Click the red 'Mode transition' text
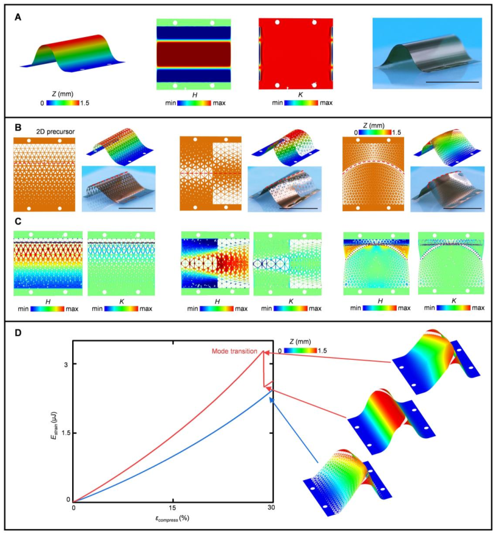click(235, 351)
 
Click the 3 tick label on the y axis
click(67, 364)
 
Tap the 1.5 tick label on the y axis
click(64, 433)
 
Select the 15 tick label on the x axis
click(172, 509)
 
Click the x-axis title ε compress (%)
click(173, 519)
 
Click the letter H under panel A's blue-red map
click(194, 93)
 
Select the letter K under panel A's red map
click(295, 93)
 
